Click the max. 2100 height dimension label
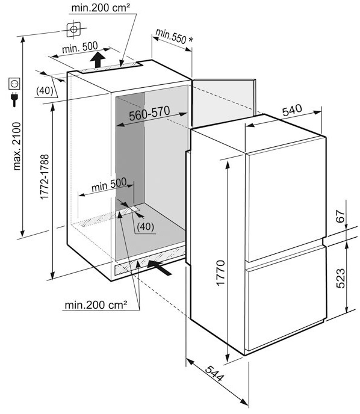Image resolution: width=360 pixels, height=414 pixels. point(17,146)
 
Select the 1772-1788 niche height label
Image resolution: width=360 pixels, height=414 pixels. point(45,177)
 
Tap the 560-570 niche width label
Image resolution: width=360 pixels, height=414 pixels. point(149,113)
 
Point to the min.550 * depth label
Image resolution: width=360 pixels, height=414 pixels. point(175,36)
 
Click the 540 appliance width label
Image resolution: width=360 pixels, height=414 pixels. point(292,110)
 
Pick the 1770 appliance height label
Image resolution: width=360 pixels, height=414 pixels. point(220,273)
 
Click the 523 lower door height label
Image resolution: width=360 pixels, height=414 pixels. point(341,278)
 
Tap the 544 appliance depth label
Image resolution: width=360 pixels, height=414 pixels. point(214,373)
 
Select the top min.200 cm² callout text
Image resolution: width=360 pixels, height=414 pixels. point(101,8)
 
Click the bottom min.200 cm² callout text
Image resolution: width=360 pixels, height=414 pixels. point(96,305)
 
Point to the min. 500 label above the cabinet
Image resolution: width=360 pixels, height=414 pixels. point(79,48)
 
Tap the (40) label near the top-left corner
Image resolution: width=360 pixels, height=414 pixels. point(45,90)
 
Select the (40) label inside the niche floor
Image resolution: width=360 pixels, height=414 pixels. point(146,226)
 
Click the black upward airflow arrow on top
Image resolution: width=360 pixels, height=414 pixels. point(98,60)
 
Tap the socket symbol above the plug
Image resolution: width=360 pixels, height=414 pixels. point(14,84)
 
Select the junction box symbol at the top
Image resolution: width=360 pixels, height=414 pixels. point(73,29)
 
